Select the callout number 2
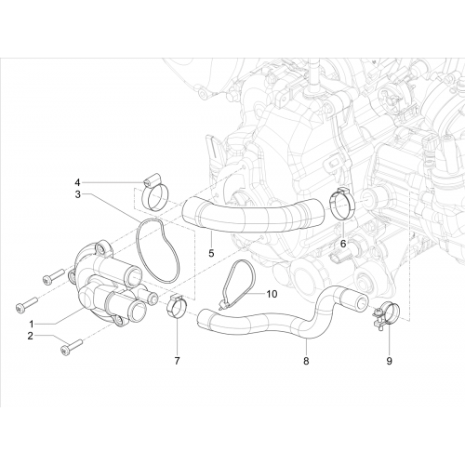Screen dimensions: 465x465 click(30, 336)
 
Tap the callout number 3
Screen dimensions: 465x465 click(77, 194)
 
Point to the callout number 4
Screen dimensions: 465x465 click(77, 181)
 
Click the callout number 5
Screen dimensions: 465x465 click(211, 253)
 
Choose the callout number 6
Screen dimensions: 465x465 click(343, 244)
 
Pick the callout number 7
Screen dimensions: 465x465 click(177, 361)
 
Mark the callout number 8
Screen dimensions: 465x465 click(306, 361)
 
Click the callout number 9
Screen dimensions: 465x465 click(389, 361)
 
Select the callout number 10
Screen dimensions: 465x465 click(272, 294)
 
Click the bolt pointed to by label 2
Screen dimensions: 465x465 click(72, 347)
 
